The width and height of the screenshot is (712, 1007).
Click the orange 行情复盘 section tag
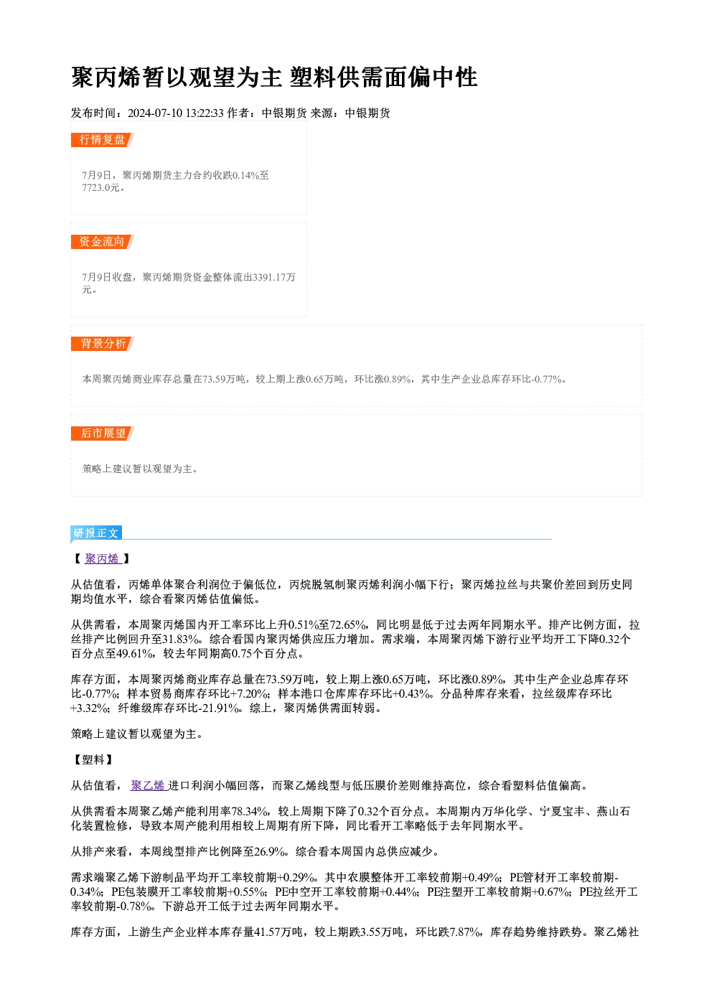click(x=103, y=140)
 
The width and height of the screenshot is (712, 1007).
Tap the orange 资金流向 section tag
click(x=103, y=242)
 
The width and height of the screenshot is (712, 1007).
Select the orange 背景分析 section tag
click(x=103, y=344)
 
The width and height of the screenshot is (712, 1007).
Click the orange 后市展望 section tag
click(x=103, y=434)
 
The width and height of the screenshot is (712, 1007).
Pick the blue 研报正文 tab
click(x=96, y=533)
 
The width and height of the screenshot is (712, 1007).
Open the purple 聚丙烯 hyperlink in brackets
click(x=103, y=559)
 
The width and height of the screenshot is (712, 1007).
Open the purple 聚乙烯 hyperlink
click(x=149, y=785)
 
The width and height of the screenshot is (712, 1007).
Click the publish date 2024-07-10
click(x=154, y=113)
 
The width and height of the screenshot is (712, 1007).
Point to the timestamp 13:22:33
click(x=205, y=113)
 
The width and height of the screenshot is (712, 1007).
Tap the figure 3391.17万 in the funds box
click(x=273, y=277)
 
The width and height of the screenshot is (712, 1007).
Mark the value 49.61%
click(x=135, y=654)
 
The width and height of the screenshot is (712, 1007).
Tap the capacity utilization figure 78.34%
click(x=250, y=812)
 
